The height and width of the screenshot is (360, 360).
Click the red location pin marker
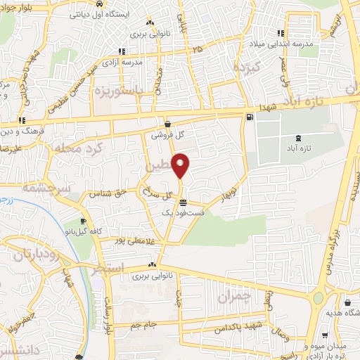(181, 165)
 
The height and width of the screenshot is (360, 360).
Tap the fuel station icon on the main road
(250, 118)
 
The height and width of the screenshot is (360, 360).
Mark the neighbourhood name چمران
(234, 295)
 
